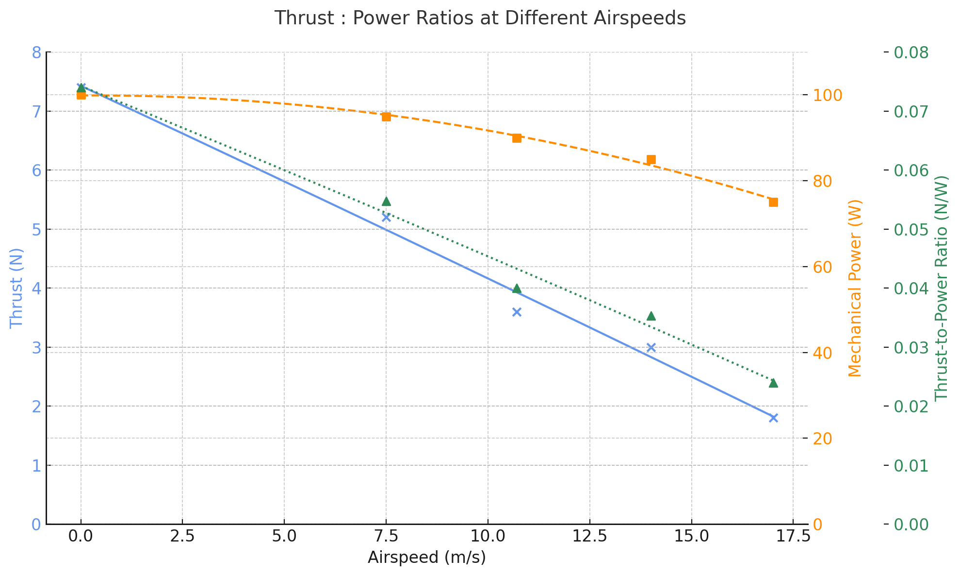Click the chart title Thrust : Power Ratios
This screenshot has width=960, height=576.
pos(480,18)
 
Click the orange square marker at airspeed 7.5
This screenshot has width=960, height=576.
pos(386,117)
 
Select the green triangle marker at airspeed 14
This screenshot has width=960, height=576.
pos(651,316)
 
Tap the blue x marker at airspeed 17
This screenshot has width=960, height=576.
pos(773,418)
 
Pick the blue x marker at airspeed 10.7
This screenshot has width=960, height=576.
pos(517,312)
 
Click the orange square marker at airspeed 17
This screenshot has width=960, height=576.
pos(773,202)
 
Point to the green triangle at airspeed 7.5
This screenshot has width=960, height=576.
pos(386,202)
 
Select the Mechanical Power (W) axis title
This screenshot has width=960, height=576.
pos(855,288)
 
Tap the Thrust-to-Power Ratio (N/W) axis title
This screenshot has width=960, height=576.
pos(941,288)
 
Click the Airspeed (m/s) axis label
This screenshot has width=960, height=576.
pos(426,558)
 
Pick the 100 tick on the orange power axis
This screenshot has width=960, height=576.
pos(827,96)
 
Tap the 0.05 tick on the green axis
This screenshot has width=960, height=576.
pos(911,229)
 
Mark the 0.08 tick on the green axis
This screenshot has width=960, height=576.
pos(911,52)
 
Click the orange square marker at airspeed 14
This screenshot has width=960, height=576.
pos(651,160)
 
